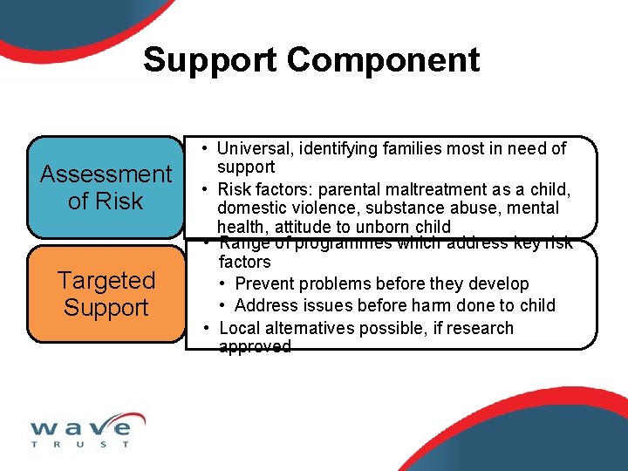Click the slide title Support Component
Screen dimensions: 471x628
tap(311, 60)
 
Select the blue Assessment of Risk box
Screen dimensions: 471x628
tap(106, 187)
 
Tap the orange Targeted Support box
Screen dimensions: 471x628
tap(106, 294)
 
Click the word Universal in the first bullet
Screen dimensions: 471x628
tap(253, 149)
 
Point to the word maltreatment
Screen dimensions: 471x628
tap(398, 189)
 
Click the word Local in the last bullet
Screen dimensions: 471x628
tap(240, 329)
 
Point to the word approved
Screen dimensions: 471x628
tap(255, 347)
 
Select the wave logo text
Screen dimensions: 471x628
tap(80, 427)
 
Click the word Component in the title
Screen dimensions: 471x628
tap(383, 60)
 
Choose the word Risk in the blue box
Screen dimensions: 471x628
tap(119, 201)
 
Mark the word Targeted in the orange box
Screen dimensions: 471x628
tap(106, 281)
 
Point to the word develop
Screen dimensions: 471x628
tap(498, 284)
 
